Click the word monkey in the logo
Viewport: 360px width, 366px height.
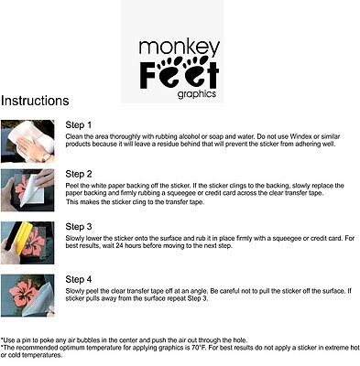click(180, 48)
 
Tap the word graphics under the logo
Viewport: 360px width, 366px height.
click(197, 93)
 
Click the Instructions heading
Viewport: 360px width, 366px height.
click(35, 101)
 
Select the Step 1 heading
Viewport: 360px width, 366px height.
click(79, 125)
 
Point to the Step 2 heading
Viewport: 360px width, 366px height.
click(79, 174)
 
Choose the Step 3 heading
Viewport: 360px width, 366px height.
click(79, 227)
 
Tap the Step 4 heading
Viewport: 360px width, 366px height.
click(79, 279)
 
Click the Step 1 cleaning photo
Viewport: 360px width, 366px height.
click(27, 141)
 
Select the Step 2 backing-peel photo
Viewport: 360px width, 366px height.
click(27, 190)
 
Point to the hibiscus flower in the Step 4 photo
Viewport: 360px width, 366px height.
click(24, 292)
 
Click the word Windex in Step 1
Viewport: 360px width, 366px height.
click(300, 136)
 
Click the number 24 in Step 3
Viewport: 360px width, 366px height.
click(119, 245)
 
